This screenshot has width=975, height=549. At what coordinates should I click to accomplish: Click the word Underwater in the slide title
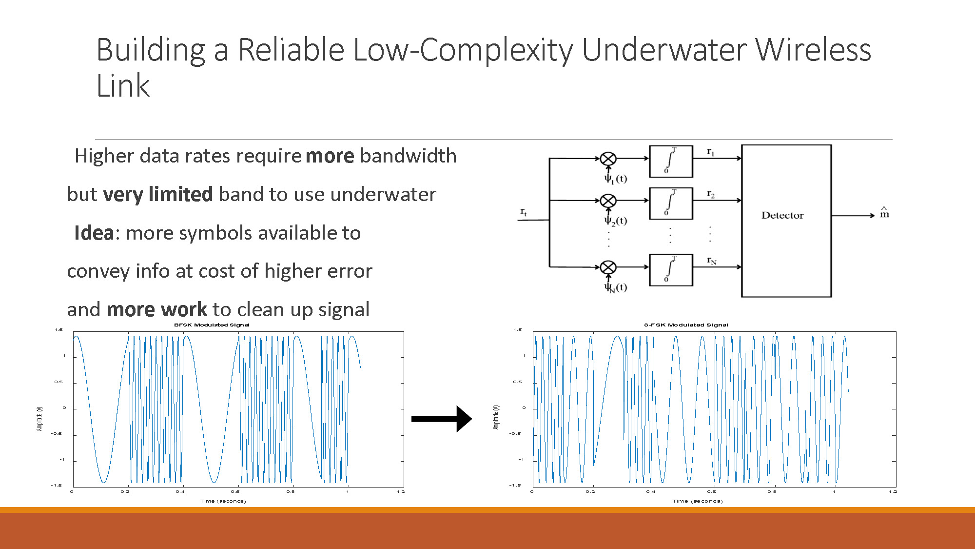(663, 50)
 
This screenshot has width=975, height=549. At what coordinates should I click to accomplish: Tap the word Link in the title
(123, 86)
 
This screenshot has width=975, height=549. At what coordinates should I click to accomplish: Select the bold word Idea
(94, 233)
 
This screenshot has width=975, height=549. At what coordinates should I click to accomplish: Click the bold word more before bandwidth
(330, 156)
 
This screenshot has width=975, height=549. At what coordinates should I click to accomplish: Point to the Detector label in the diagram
(782, 215)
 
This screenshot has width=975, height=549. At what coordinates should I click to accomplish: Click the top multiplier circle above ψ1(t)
(608, 159)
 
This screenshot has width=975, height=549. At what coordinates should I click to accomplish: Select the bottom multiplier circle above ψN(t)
(608, 267)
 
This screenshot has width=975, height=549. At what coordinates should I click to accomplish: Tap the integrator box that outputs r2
(671, 203)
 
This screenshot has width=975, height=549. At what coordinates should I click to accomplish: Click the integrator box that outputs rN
(671, 270)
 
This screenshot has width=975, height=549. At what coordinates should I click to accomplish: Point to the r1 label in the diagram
(711, 152)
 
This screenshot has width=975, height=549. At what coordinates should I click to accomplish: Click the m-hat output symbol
(884, 213)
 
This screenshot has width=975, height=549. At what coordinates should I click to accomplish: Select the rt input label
(524, 212)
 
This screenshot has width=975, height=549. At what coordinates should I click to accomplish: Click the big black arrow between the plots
(441, 419)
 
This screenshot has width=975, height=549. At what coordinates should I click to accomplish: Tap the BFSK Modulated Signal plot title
(212, 325)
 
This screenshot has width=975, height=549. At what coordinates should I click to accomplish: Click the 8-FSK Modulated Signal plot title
(686, 325)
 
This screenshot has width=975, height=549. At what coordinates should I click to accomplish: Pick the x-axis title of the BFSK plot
(223, 501)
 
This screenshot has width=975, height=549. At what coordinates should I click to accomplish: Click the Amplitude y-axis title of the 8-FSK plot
(496, 417)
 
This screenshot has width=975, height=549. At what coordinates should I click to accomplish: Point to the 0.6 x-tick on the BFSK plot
(235, 492)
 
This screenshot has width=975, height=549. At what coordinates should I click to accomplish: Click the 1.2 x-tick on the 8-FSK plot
(893, 492)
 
